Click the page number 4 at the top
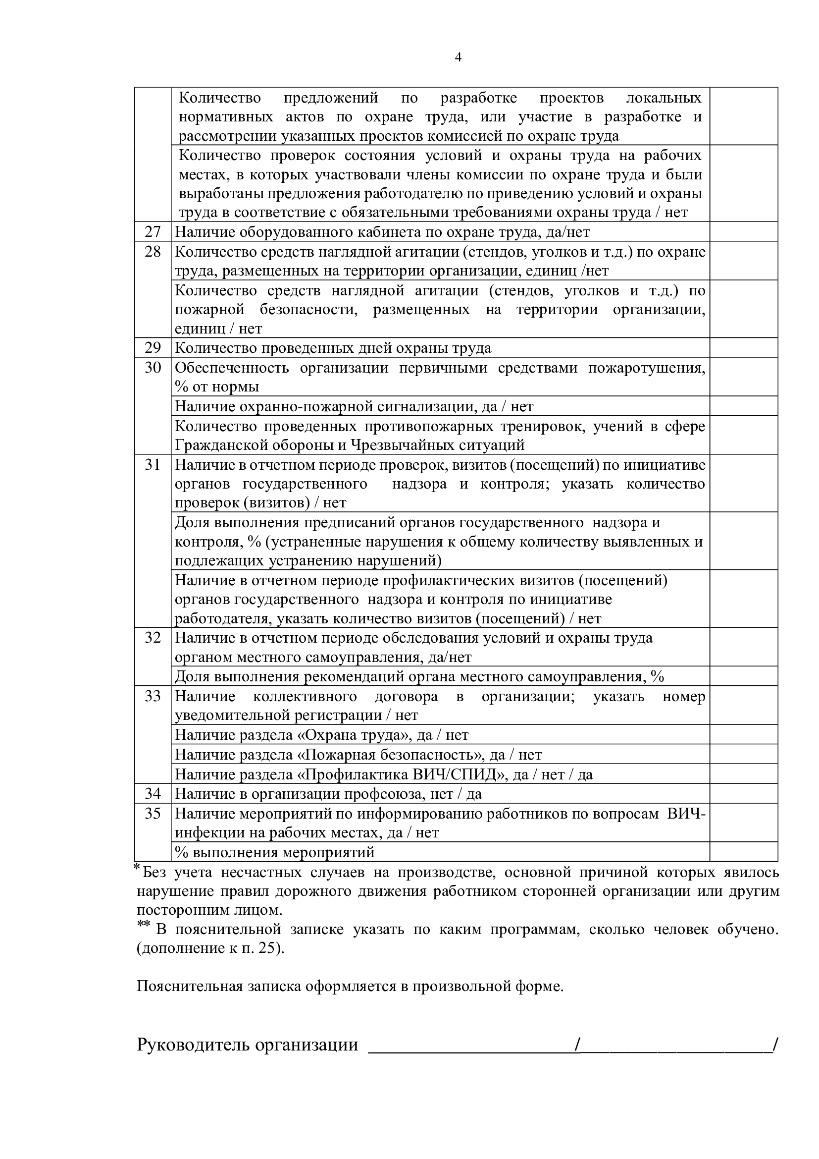coord(458,57)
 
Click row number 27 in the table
coord(153,232)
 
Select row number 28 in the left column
coord(153,251)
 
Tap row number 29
coord(153,348)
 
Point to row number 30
coord(153,368)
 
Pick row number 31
coord(153,464)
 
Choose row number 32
coord(153,638)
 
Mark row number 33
coord(153,697)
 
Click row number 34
coord(153,794)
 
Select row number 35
coord(153,814)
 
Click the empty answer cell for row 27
coord(743,232)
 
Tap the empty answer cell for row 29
coord(743,348)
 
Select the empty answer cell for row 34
coord(743,794)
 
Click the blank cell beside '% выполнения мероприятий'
coord(743,852)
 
